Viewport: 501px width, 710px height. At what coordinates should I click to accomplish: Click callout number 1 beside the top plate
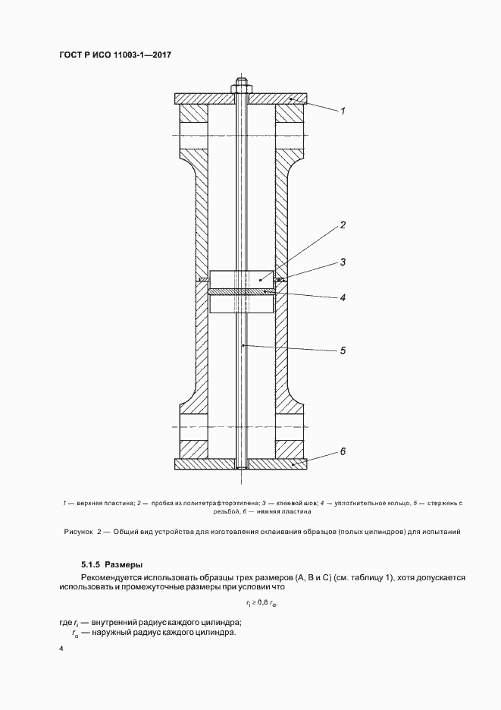click(343, 111)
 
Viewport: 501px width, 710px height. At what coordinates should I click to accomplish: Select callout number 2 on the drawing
click(343, 225)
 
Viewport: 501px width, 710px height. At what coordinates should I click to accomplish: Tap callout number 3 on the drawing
click(343, 262)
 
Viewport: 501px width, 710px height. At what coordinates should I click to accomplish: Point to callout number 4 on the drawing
click(343, 297)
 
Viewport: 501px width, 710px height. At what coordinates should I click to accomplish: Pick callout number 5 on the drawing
click(343, 350)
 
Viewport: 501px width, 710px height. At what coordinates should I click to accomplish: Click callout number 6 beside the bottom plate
click(343, 451)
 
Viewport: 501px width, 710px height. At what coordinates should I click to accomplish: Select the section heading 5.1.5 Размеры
click(111, 564)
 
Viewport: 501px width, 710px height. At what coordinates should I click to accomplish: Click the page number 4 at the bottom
click(61, 650)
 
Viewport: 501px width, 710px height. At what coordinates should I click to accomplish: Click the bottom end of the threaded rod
click(240, 473)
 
